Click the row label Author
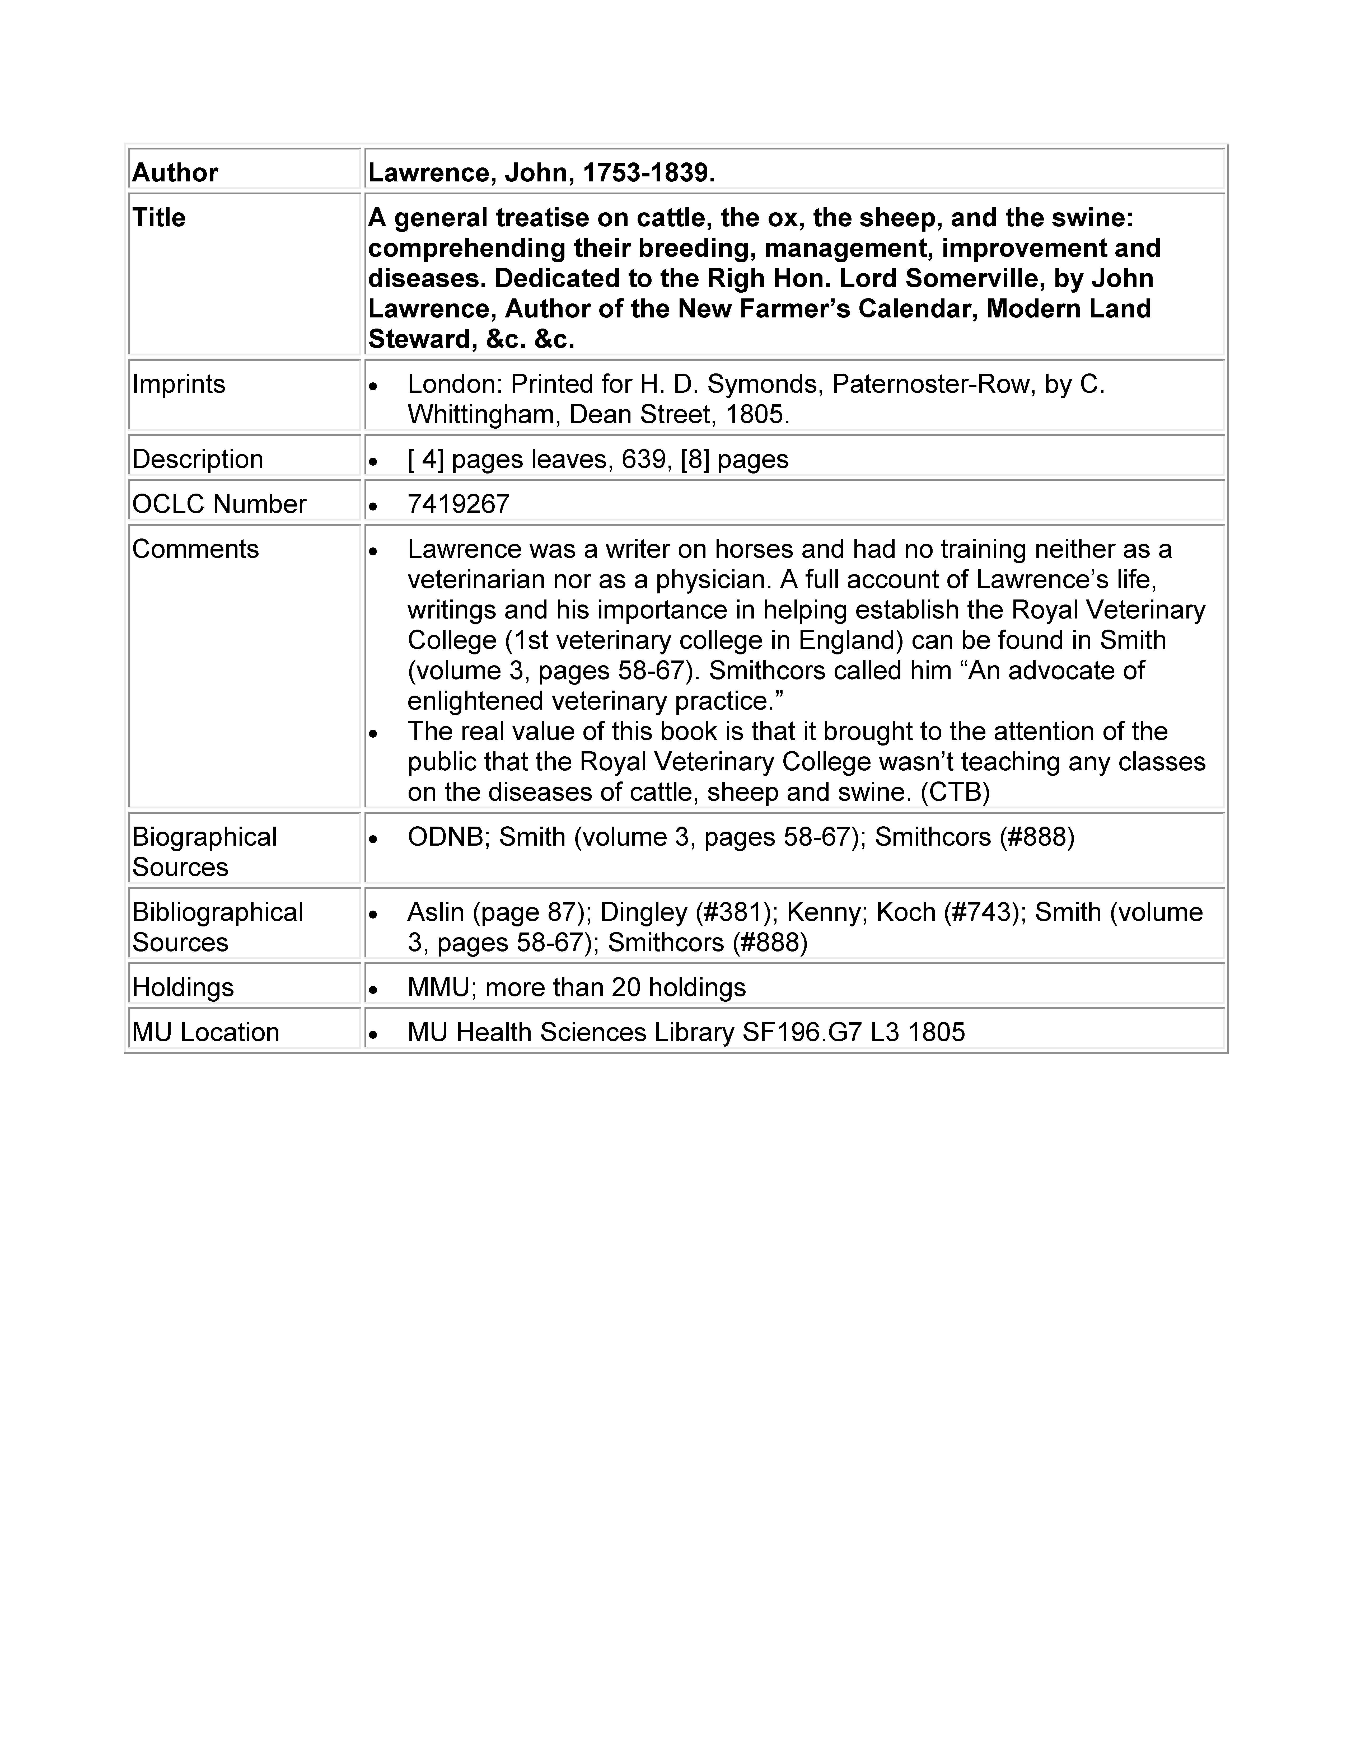point(175,172)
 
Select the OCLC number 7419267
point(458,504)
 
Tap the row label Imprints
point(179,384)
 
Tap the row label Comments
point(195,549)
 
